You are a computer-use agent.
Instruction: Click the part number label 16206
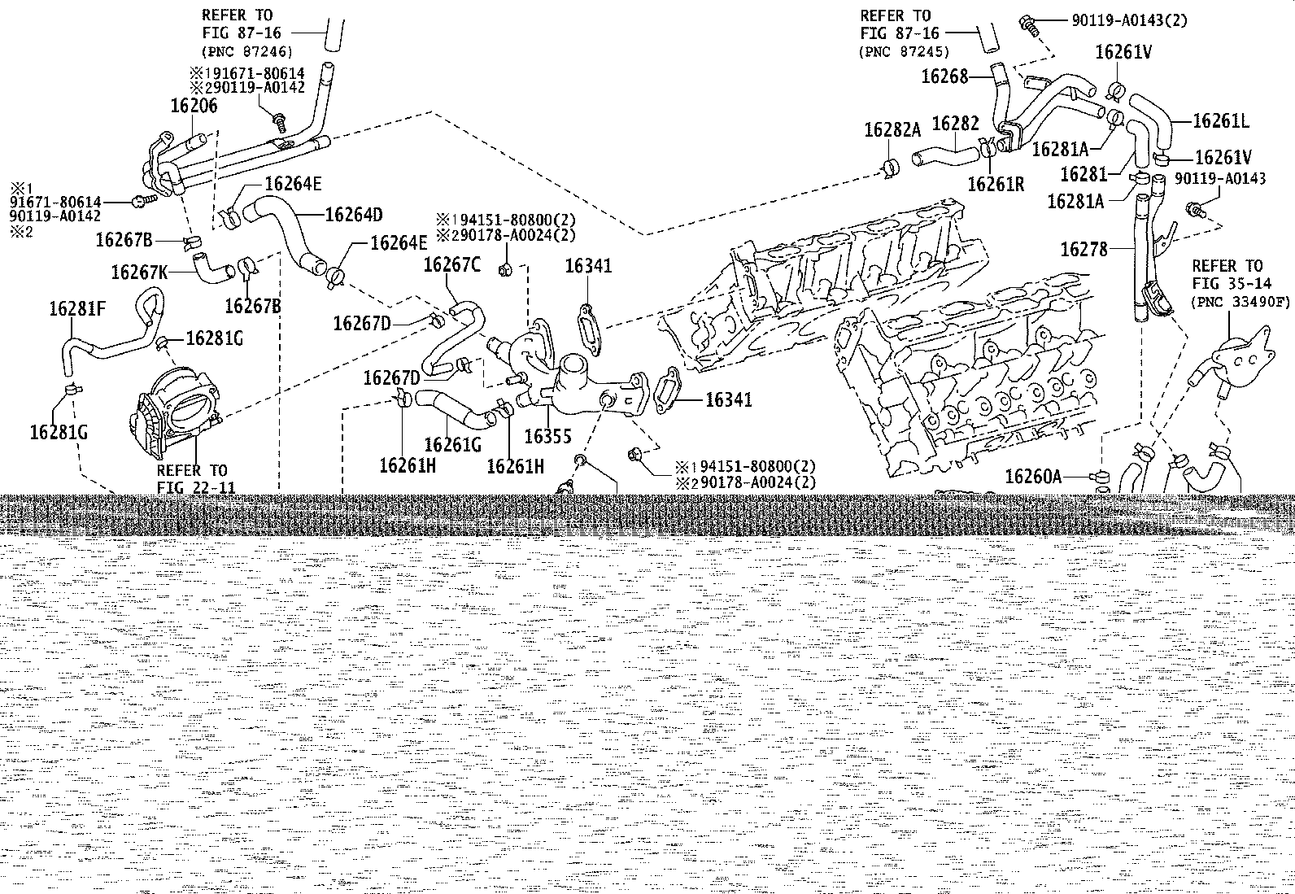[194, 106]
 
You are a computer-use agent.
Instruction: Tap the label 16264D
[354, 215]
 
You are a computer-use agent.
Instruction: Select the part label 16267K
[139, 272]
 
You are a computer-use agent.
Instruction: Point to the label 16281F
[77, 309]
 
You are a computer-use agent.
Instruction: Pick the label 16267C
[452, 265]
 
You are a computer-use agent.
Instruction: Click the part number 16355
[547, 437]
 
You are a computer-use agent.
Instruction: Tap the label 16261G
[452, 445]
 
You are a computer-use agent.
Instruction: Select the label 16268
[944, 76]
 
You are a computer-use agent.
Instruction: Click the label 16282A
[892, 130]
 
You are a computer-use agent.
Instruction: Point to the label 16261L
[1220, 121]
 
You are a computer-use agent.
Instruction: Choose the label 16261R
[996, 184]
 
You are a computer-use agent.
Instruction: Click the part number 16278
[1084, 249]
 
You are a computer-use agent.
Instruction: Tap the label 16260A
[1034, 477]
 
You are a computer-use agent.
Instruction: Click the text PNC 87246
[247, 52]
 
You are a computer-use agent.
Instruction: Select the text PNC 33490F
[1240, 302]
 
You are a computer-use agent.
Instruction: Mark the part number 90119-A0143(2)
[1130, 21]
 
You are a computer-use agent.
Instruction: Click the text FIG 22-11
[197, 487]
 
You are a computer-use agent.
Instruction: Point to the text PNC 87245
[904, 52]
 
